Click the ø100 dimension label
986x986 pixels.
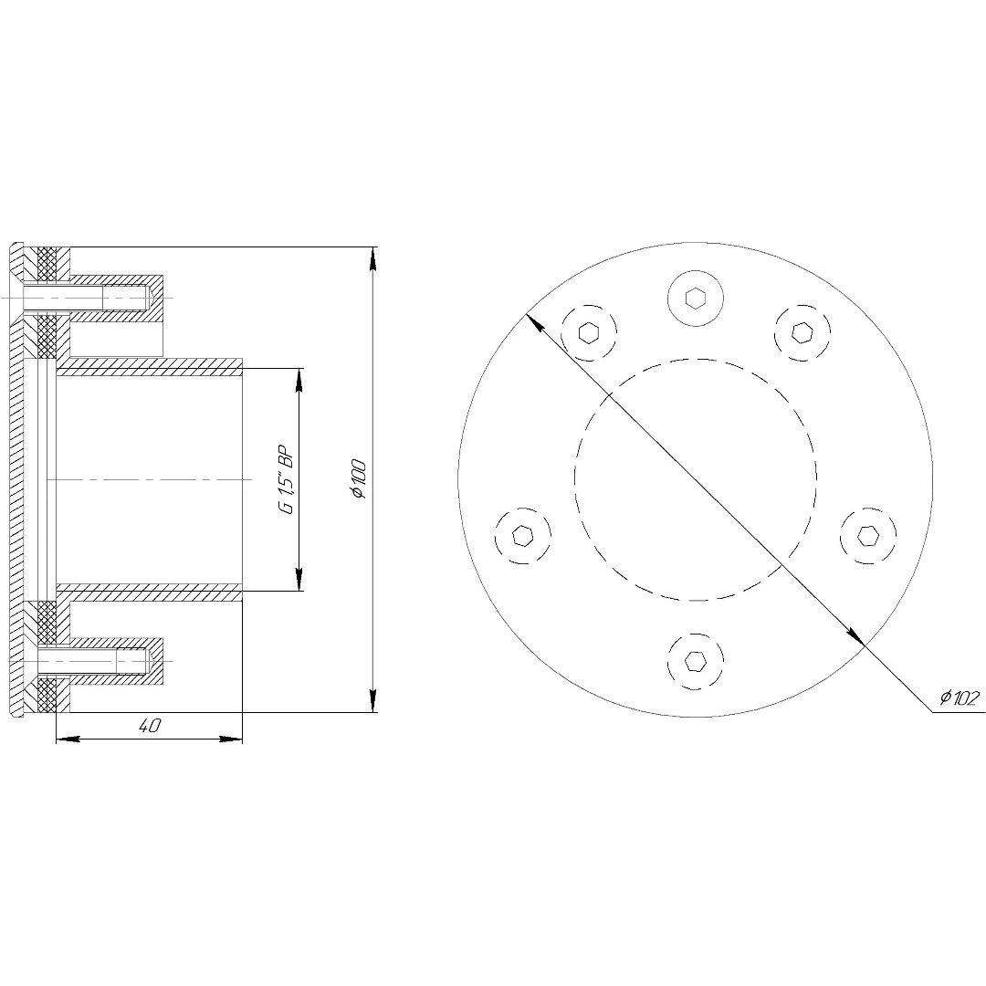pos(359,479)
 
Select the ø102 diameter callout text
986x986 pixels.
pos(960,698)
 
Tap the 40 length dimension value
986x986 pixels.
pos(150,725)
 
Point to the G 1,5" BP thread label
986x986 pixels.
pos(286,480)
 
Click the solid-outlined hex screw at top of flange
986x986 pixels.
pos(696,298)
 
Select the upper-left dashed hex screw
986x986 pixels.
pos(589,332)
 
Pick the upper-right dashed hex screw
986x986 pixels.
pos(802,332)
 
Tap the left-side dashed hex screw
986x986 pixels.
pos(522,536)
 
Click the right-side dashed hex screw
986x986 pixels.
pos(868,536)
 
